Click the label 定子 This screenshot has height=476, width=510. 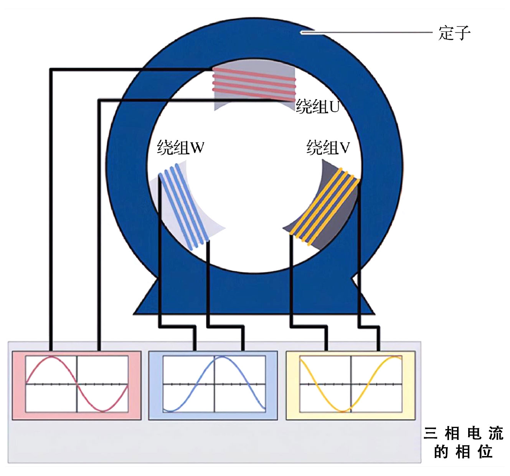[454, 33]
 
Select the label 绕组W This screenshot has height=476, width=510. [180, 148]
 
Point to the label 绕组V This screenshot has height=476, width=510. [328, 148]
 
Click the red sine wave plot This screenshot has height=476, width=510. [77, 384]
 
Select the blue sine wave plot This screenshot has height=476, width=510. [214, 384]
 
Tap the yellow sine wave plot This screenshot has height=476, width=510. [351, 384]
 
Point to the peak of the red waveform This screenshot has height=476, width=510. [51, 357]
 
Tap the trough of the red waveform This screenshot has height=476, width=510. [102, 411]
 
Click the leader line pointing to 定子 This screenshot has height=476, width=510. [368, 33]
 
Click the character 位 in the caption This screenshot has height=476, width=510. [485, 452]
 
